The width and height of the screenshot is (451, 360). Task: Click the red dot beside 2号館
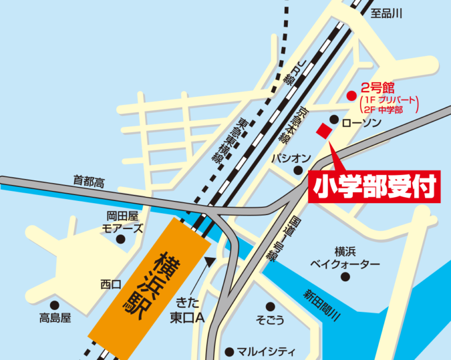(x=351, y=95)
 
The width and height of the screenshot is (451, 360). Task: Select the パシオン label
(x=291, y=158)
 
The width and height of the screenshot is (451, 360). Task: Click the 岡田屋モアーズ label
(x=122, y=222)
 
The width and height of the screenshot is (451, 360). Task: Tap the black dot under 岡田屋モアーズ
(x=121, y=239)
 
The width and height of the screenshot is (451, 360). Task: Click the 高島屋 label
(x=55, y=318)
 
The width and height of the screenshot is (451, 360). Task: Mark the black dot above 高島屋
(x=55, y=305)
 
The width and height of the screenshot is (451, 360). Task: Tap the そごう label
(x=270, y=320)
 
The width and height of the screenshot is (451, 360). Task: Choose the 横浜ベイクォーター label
(x=345, y=258)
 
